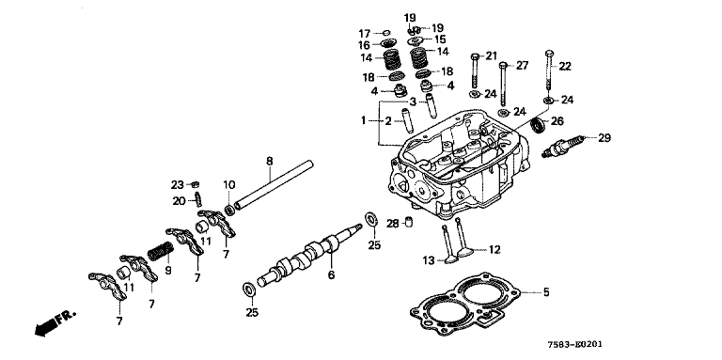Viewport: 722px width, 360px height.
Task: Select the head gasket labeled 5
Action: coord(465,305)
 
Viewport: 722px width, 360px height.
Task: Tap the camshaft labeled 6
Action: coord(308,254)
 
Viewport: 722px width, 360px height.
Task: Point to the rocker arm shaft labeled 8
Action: coord(274,185)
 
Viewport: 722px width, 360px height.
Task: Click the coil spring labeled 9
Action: coord(160,251)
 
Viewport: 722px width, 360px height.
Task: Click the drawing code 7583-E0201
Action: coord(574,344)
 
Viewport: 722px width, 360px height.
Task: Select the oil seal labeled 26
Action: coord(538,126)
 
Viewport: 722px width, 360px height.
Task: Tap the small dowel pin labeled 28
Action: coord(408,222)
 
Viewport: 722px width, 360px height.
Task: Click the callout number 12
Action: coord(494,249)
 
